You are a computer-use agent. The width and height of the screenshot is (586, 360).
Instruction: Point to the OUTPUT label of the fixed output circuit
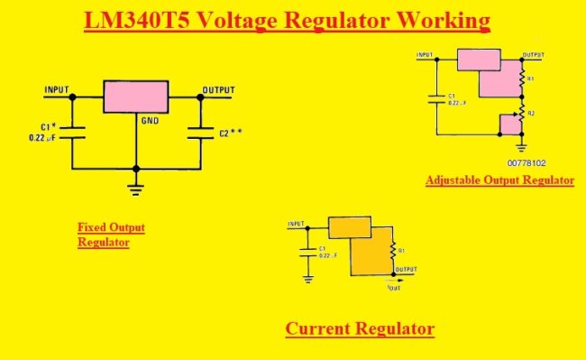click(218, 89)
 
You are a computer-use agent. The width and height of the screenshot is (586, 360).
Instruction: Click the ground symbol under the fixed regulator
click(136, 189)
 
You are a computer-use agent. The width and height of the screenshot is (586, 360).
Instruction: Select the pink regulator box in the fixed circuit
click(135, 95)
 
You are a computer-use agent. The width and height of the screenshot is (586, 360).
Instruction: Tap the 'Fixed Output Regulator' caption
click(111, 235)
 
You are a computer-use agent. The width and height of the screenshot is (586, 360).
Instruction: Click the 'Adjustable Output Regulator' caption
click(499, 180)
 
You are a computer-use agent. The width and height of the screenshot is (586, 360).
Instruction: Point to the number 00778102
click(526, 163)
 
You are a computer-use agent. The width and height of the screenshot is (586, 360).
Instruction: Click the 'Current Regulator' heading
click(360, 328)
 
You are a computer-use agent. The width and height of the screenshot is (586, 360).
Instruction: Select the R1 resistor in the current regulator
click(391, 250)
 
